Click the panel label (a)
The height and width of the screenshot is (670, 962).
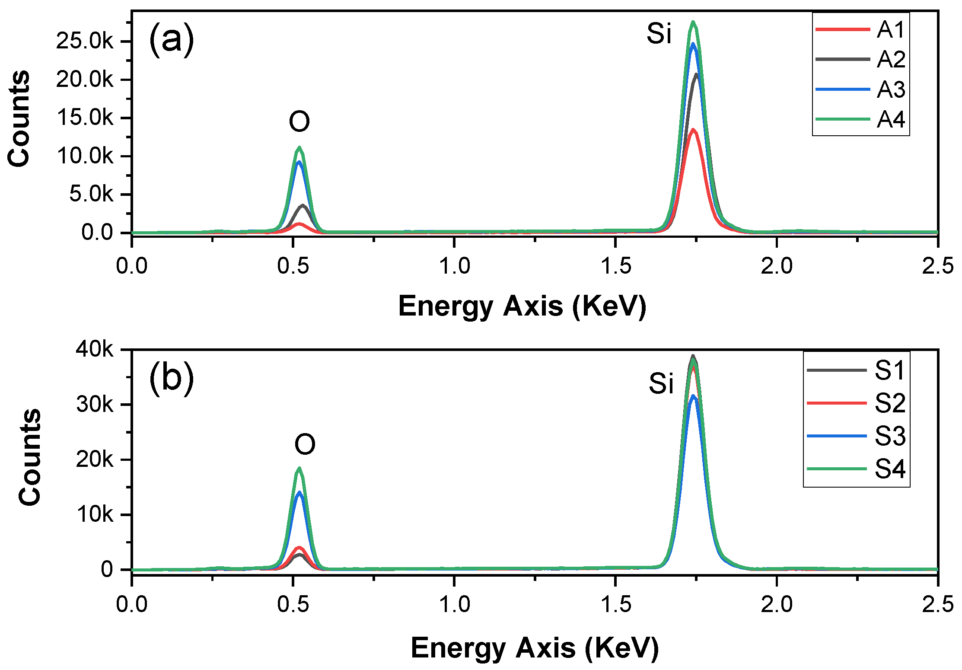coord(172,40)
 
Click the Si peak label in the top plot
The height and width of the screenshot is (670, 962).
coord(659,34)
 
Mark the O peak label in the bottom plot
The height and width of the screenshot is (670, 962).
coord(305,445)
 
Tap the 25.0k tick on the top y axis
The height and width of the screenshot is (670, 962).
coord(85,41)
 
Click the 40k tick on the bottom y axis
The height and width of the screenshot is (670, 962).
coord(94,349)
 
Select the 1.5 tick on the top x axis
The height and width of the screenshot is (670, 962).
coord(615,266)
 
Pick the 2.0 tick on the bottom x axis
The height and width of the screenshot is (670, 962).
coord(777,604)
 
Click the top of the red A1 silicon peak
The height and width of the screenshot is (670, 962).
coord(693,130)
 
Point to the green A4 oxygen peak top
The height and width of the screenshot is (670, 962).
coord(299,148)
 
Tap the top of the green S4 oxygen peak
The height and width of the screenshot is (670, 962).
coord(299,469)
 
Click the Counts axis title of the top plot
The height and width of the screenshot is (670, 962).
coord(19,118)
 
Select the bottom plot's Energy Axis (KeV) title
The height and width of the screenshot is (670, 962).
coord(535,648)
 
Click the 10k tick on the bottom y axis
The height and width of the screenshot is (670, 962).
coord(94,515)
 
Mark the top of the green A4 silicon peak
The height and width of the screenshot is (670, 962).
coord(693,22)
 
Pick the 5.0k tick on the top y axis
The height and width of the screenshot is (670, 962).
coord(91,195)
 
